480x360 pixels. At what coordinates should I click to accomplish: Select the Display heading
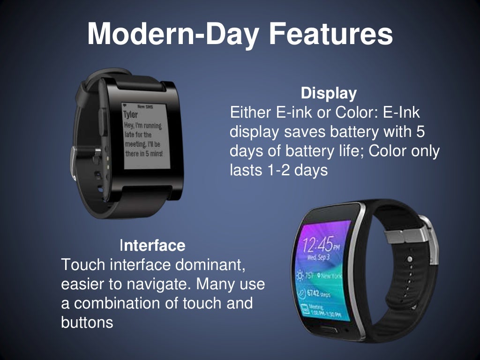329,93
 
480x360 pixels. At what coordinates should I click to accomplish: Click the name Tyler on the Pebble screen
131,115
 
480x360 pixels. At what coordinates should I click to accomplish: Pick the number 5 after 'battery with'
420,132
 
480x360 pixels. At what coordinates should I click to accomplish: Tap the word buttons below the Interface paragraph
87,322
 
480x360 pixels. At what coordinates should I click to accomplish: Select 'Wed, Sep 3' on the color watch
317,257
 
